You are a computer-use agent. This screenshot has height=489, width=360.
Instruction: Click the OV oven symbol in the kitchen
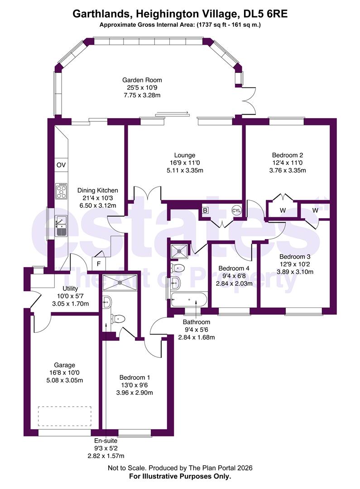coord(61,165)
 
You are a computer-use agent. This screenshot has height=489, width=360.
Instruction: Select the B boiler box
coord(205,211)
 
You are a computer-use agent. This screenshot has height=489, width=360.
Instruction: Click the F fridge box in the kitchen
coord(98,263)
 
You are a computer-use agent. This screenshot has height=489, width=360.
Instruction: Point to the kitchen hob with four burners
coord(61,191)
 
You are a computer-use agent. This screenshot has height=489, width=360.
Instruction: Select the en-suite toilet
coord(119,319)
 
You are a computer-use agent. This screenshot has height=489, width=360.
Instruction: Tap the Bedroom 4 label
coord(234,268)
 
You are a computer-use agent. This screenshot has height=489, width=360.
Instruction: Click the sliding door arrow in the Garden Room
coord(172,113)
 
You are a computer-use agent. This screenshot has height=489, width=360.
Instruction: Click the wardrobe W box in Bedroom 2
coord(283,210)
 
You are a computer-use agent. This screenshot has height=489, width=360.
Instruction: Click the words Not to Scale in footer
coord(127,468)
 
